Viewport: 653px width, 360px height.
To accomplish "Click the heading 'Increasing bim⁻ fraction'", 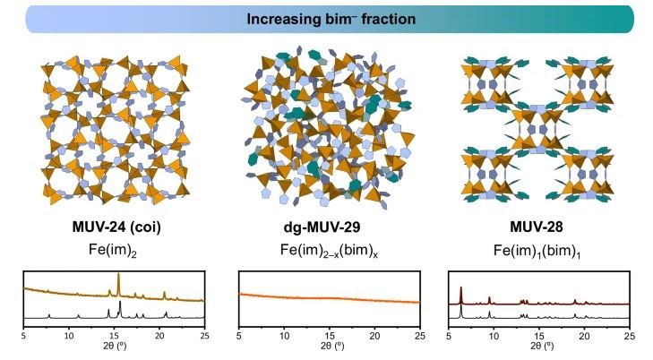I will pos(326,18).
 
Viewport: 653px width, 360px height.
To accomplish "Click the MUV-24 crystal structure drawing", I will pos(113,125).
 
